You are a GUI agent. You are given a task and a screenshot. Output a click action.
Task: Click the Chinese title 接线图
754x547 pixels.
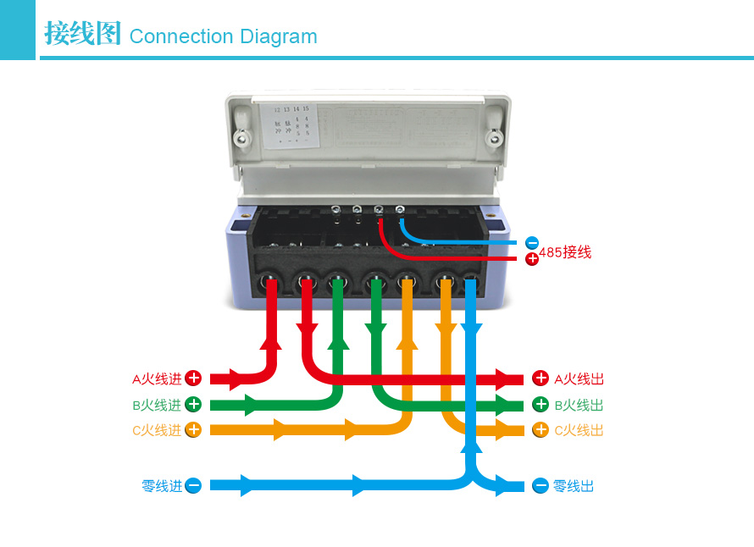[x=82, y=35]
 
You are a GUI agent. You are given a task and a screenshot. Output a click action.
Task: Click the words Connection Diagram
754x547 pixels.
[x=223, y=36]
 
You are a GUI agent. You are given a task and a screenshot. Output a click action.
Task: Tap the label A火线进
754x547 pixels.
[x=157, y=378]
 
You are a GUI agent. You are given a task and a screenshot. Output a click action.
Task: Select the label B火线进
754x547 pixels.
[x=157, y=405]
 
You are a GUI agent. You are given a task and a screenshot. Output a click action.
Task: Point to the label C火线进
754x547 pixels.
[x=157, y=430]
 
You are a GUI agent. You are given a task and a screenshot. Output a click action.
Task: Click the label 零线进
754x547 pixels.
[x=162, y=486]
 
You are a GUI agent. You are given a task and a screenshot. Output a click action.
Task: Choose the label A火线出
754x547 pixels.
[x=579, y=378]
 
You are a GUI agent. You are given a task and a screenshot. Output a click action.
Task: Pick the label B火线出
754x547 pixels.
[x=579, y=405]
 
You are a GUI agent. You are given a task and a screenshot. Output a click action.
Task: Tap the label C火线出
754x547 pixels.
[x=579, y=430]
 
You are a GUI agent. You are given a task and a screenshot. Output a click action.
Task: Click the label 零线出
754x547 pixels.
[x=574, y=486]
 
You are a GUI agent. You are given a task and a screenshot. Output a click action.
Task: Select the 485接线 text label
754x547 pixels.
[x=565, y=252]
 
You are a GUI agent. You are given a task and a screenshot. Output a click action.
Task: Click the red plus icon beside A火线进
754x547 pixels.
[x=193, y=378]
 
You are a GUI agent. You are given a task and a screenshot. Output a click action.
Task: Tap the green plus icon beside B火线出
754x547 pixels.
[x=541, y=405]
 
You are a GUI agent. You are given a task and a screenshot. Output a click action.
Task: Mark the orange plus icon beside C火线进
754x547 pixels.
[x=193, y=430]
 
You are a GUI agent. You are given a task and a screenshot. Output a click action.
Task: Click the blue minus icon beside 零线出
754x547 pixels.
[x=541, y=486]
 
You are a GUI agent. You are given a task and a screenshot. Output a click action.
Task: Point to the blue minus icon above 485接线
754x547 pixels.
[x=532, y=243]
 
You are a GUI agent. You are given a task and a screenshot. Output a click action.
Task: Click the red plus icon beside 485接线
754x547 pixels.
[x=532, y=259]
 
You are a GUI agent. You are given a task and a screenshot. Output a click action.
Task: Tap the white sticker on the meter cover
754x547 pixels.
[x=289, y=125]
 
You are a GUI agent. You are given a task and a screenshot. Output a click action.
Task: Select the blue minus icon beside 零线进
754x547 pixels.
[x=193, y=486]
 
